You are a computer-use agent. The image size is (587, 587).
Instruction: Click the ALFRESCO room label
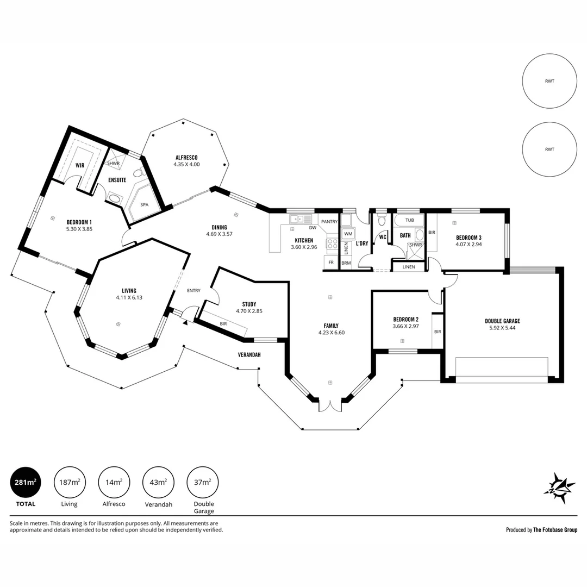point(186,158)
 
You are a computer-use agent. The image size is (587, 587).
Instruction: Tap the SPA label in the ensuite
point(145,205)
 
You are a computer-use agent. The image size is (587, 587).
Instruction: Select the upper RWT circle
point(549,81)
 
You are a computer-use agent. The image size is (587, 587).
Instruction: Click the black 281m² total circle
point(26,482)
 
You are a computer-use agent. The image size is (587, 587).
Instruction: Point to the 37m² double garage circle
point(203,482)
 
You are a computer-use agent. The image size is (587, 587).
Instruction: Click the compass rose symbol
point(559,488)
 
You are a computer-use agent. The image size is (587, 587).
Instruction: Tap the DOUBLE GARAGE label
point(502,321)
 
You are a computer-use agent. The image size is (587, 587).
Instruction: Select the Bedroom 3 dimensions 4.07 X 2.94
point(469,245)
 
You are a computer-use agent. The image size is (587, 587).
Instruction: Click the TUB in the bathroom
point(410,220)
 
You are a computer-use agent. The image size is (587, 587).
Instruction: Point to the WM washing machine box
point(348,234)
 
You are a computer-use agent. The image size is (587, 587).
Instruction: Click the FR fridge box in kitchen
point(331,263)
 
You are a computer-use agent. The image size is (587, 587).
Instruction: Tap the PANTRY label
point(329,222)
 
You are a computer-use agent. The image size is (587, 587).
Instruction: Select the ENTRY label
point(194,290)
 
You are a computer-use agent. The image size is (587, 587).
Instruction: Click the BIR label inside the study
point(223,324)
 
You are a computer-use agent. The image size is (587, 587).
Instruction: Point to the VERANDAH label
point(249,354)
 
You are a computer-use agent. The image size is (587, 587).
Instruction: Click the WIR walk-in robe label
point(80,165)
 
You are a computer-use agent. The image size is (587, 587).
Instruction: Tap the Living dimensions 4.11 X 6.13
point(129,298)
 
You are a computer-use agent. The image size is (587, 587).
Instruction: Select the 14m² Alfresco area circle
point(114,482)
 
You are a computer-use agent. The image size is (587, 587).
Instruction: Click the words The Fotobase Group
point(555,530)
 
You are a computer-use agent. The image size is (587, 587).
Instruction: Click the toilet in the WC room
point(382,220)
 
